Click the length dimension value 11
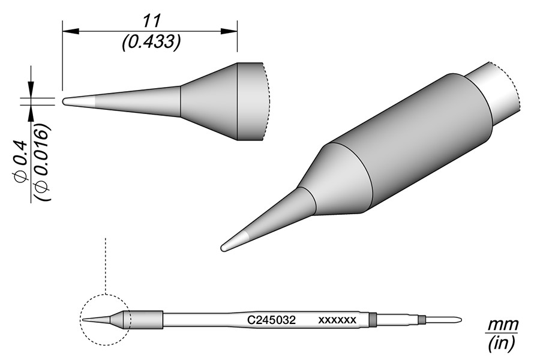(152, 22)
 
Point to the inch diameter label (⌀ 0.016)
(43, 162)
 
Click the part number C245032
(271, 320)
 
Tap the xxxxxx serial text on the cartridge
(337, 320)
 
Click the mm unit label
(502, 325)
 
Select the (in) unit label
(502, 343)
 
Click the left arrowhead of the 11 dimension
(71, 31)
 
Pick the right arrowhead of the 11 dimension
(229, 31)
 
